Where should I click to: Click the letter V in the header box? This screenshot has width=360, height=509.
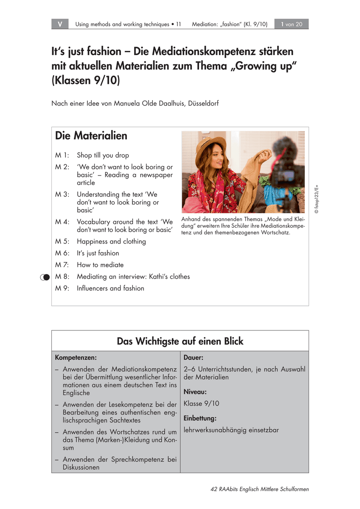coord(60,24)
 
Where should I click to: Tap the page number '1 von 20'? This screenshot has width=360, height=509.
coord(291,24)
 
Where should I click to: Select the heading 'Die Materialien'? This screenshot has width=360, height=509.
coord(91,136)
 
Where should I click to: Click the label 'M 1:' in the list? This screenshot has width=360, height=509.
coord(62,155)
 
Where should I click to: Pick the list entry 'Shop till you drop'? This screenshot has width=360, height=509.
coord(103,155)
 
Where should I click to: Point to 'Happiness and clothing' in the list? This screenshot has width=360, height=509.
coord(111,241)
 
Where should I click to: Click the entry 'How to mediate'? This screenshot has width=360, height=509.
coord(100,265)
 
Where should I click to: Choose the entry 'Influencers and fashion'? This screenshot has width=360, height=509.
coord(110,288)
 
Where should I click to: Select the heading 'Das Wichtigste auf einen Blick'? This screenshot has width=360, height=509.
coord(180,341)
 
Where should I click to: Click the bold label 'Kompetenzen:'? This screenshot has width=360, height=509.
coord(73,358)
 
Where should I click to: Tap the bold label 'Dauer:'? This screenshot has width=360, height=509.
coord(193,358)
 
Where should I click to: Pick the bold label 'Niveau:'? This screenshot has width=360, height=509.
coord(195,392)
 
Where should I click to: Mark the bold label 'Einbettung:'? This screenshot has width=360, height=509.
coord(200,418)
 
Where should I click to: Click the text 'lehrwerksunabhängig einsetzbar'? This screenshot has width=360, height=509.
coord(231,430)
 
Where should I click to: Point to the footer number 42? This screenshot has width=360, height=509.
coord(214,489)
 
